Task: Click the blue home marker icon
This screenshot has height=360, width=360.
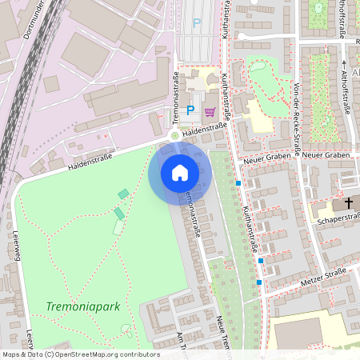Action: click(x=180, y=173)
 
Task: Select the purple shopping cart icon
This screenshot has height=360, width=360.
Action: click(x=210, y=111)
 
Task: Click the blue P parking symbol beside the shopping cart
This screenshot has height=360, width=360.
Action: click(x=190, y=110)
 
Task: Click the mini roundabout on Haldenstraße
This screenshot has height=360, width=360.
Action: click(x=175, y=136)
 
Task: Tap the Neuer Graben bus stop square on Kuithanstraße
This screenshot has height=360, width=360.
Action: click(x=238, y=183)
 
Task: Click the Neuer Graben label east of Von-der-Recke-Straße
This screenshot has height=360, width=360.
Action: click(x=326, y=154)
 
